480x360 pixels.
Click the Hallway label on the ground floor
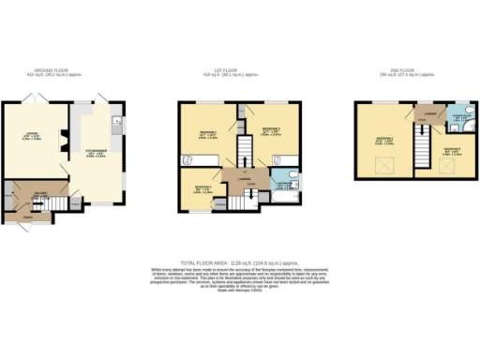39,195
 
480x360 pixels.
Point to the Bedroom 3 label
200,187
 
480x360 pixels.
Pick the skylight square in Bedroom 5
450,167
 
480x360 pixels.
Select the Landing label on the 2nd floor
428,113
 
